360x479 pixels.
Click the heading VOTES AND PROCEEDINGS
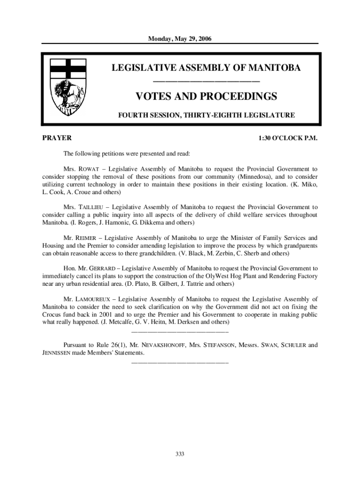pyautogui.click(x=206, y=97)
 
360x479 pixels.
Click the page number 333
pyautogui.click(x=180, y=454)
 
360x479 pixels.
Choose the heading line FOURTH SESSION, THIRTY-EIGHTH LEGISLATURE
pyautogui.click(x=206, y=115)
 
